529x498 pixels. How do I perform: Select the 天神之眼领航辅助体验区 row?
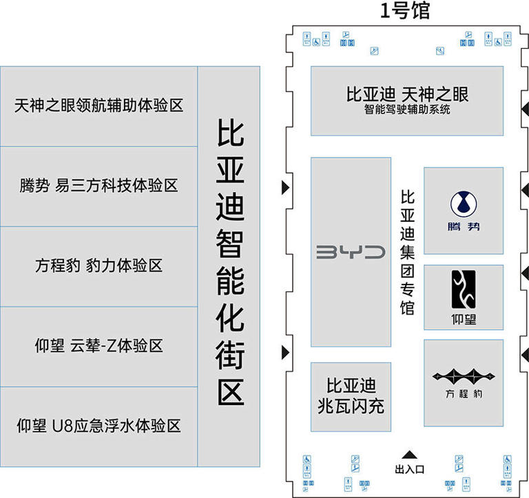point(99,106)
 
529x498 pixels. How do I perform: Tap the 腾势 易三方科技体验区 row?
point(99,185)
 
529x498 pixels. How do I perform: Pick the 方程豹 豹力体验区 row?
point(99,265)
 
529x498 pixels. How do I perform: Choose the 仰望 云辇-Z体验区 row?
point(99,345)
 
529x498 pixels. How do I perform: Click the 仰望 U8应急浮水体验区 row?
point(99,425)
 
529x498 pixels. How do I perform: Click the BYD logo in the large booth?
point(351,252)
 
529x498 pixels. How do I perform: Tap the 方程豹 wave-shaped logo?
point(464,376)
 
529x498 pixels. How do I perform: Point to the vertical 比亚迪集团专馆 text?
point(408,253)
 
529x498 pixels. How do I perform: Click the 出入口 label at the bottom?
point(409,469)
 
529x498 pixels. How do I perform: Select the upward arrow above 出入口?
point(409,454)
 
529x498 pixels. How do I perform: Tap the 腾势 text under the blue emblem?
point(464,227)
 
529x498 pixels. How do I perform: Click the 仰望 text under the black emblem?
point(463,319)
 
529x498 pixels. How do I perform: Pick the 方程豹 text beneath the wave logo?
point(463,395)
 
